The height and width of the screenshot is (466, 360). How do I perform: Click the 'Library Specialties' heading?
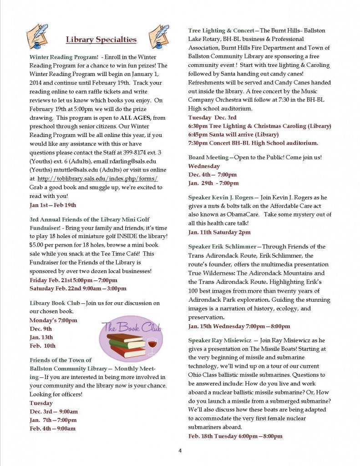pos(101,40)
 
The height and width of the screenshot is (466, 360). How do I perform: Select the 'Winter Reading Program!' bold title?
pos(64,57)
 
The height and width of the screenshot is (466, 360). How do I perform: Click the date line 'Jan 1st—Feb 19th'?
pos(53,205)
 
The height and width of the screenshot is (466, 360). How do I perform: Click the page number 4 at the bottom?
pos(180,451)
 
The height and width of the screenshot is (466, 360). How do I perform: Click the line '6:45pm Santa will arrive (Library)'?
pos(233,134)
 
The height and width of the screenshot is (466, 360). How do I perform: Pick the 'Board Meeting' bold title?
pos(208,157)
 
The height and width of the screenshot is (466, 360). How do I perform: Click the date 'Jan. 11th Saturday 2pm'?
pos(219,232)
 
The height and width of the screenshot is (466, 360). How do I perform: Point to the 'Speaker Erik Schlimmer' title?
pos(223,247)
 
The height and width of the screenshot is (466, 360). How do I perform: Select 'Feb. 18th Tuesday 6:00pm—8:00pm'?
pos(235,436)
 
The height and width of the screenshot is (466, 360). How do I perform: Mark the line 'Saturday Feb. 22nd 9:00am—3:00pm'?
pos(78,289)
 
